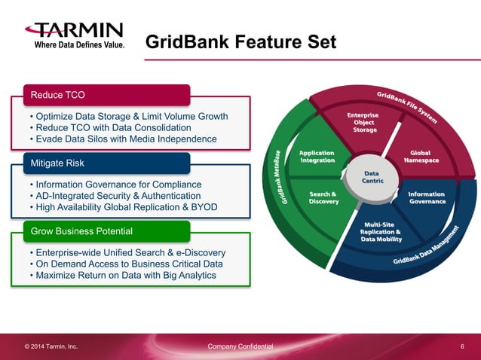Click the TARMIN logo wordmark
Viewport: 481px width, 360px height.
(x=74, y=31)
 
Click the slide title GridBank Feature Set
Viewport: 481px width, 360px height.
(x=240, y=41)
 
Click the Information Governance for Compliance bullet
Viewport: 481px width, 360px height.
(x=115, y=185)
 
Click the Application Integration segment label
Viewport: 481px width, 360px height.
(x=317, y=156)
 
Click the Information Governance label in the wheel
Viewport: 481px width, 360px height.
(x=427, y=197)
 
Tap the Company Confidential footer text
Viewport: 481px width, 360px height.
(x=240, y=346)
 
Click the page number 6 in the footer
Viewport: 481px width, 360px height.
(x=461, y=346)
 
